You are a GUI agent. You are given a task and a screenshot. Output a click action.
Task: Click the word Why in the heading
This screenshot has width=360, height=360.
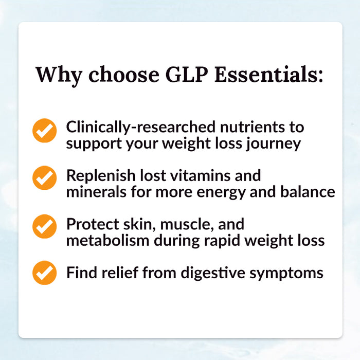(58, 75)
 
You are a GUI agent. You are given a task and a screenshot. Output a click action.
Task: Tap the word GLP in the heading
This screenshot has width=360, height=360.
(182, 75)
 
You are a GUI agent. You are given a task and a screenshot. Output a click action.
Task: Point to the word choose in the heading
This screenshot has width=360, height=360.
(121, 75)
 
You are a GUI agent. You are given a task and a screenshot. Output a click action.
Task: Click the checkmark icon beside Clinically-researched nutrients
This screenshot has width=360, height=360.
(45, 132)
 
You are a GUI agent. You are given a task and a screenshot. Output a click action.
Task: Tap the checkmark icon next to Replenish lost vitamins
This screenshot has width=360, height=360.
(45, 178)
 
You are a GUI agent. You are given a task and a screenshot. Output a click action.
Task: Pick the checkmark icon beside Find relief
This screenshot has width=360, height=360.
(45, 273)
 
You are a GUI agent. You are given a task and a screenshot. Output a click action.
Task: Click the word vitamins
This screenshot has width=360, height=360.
(187, 175)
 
